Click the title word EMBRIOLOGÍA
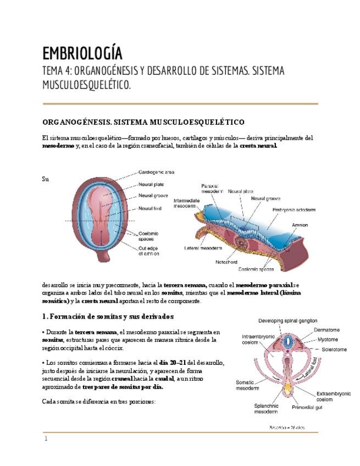[82, 54]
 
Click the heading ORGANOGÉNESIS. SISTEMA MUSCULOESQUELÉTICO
[143, 121]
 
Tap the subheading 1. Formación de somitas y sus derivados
[108, 317]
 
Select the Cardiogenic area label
[157, 172]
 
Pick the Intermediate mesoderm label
[188, 203]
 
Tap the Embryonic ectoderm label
[294, 209]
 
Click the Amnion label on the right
[300, 225]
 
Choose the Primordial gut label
[310, 408]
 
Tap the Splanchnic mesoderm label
[267, 409]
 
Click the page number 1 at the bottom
[46, 439]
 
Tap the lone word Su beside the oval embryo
[45, 179]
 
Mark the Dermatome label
[327, 330]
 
